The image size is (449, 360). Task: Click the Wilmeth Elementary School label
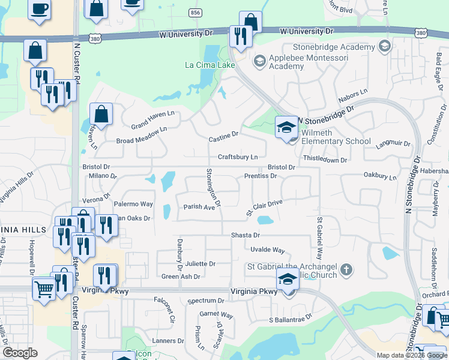click(x=336, y=137)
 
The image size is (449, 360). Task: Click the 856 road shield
click(x=194, y=12)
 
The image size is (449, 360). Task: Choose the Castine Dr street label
click(x=224, y=139)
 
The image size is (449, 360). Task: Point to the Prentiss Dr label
click(x=261, y=176)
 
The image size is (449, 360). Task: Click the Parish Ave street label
click(x=199, y=207)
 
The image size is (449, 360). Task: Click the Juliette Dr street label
click(x=200, y=263)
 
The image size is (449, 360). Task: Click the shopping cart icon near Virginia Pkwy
click(x=44, y=289)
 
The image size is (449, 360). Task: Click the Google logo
click(x=20, y=353)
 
